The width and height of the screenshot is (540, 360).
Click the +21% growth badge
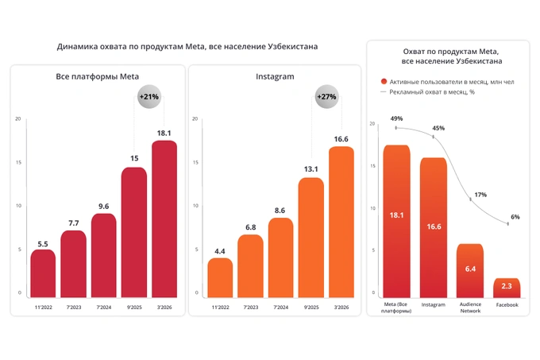coord(148,97)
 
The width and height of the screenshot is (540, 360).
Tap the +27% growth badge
coord(326,97)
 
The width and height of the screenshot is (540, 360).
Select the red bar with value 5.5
coord(44,273)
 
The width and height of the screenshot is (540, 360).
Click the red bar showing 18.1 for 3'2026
coord(164,219)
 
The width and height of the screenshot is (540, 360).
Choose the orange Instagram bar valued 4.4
coord(220,277)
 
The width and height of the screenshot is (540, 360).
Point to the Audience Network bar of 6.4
coord(470,270)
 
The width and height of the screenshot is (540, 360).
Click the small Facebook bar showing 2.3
coord(507,286)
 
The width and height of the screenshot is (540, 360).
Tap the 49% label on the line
coord(397,119)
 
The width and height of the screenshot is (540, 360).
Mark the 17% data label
coord(480,195)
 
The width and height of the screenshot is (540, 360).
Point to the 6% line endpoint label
coord(515,217)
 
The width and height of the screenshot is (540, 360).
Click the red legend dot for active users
coord(384,81)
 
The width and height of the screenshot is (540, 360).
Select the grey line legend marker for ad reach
coord(384,92)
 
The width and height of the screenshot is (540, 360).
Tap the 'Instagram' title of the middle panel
coord(275,76)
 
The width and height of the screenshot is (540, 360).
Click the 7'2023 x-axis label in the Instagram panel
coord(250,307)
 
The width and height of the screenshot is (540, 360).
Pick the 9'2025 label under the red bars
coord(134,307)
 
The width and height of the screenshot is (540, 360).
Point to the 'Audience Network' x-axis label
coord(470,308)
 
